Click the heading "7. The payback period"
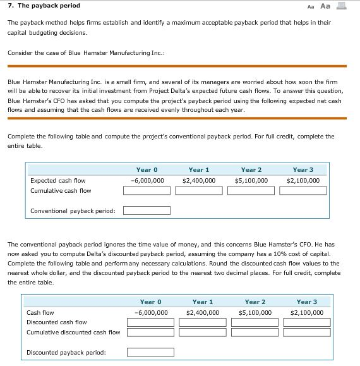click(x=44, y=6)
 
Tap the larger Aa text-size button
click(x=325, y=6)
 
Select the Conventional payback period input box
click(x=147, y=211)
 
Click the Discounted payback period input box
click(x=150, y=352)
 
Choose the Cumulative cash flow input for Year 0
click(x=147, y=190)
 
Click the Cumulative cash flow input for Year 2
click(x=251, y=190)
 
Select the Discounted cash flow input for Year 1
click(x=203, y=322)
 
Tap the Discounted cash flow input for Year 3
click(x=307, y=322)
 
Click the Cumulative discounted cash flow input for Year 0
click(x=150, y=332)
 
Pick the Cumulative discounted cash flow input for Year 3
click(x=307, y=332)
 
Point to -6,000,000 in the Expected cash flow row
click(x=147, y=180)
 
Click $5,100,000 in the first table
click(x=251, y=180)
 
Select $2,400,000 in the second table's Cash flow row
click(x=203, y=312)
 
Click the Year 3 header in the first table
click(x=303, y=169)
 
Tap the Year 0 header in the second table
click(x=151, y=302)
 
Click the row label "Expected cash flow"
click(x=57, y=180)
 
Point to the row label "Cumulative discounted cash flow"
click(x=73, y=332)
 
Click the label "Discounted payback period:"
click(x=66, y=352)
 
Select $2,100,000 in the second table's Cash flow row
click(x=308, y=312)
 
